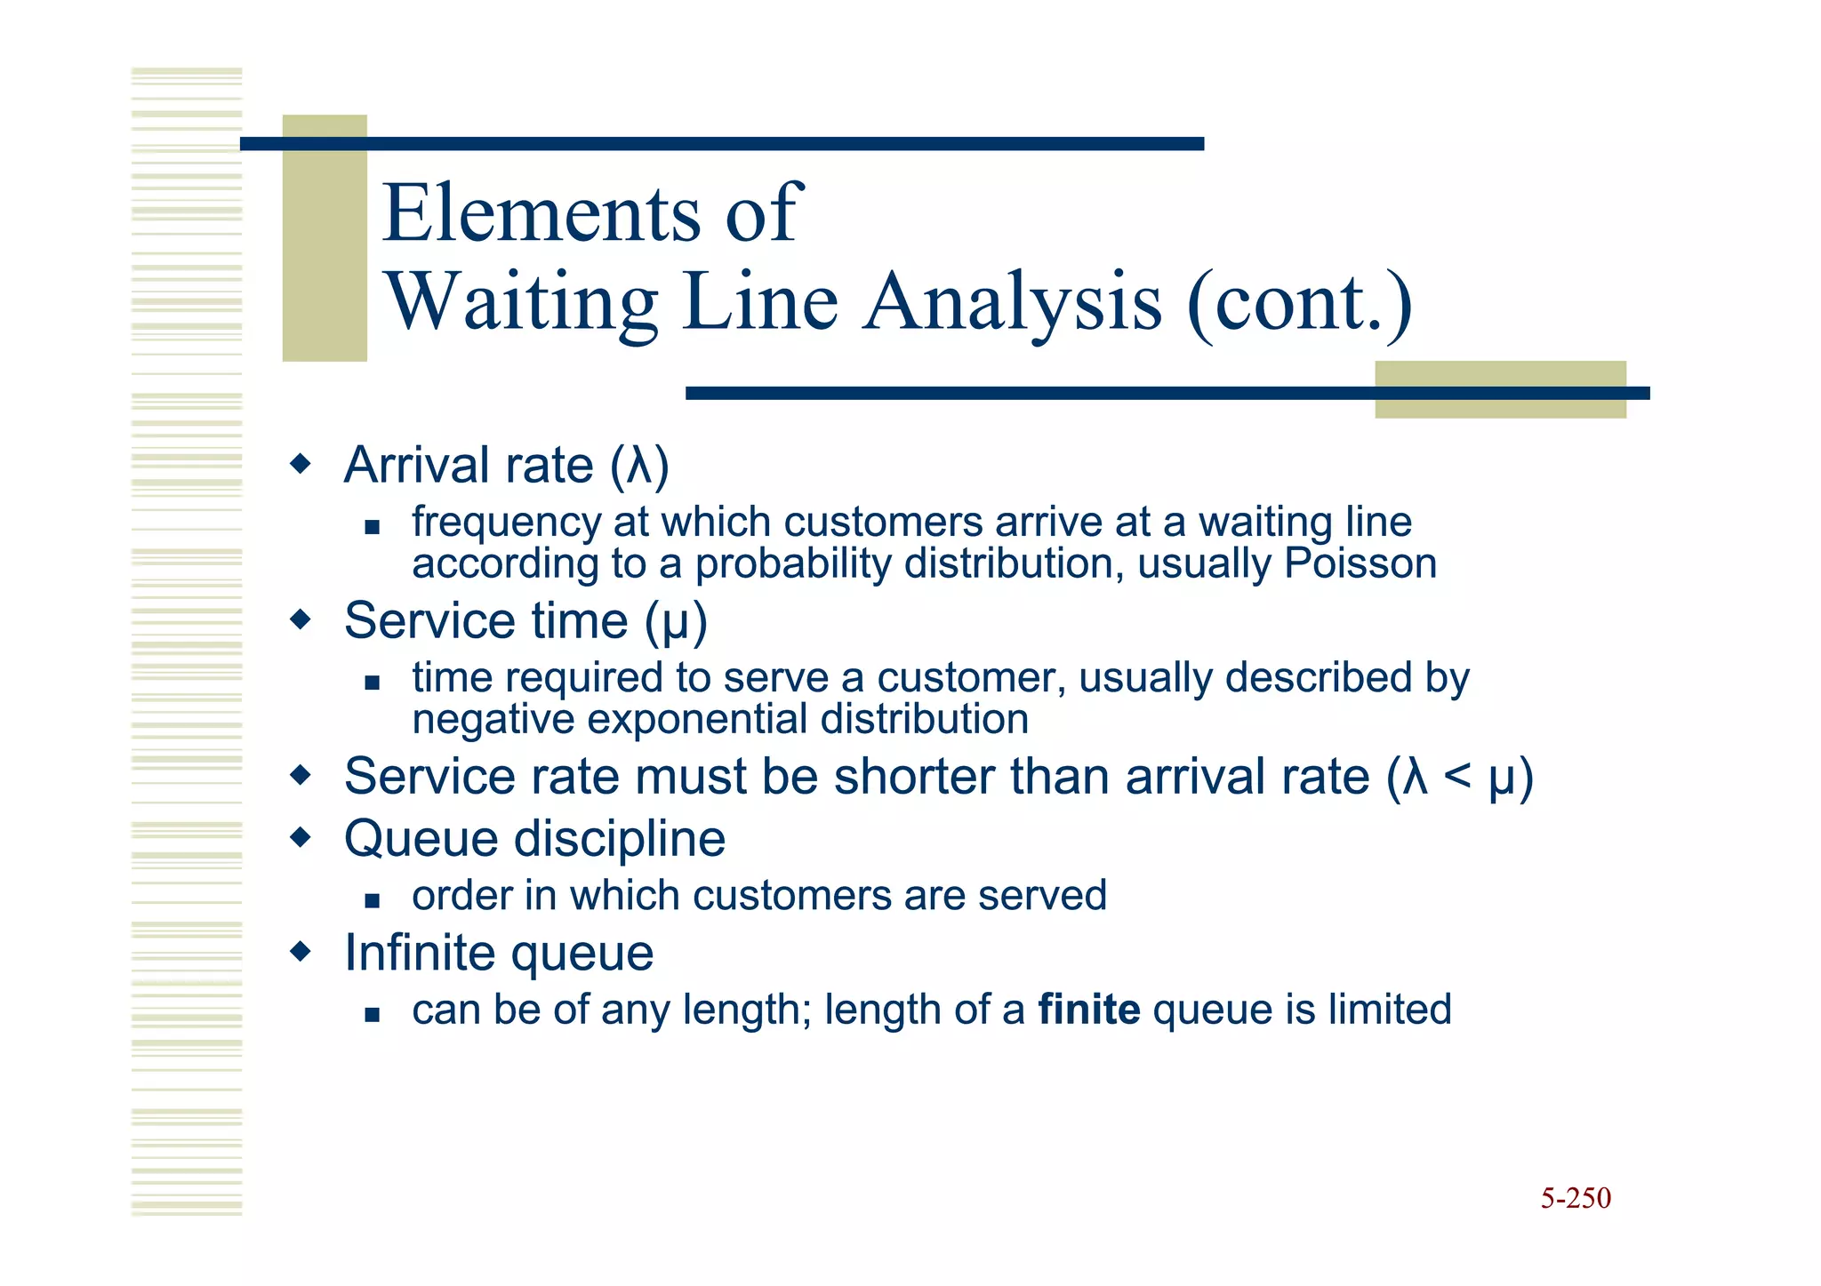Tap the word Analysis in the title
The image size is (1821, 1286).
(x=1012, y=302)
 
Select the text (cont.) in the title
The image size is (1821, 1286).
(x=1299, y=302)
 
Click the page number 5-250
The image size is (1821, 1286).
(x=1575, y=1198)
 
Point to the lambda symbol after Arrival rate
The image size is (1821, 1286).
(x=639, y=466)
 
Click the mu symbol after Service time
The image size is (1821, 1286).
(x=676, y=621)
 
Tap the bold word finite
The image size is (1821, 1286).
(x=1088, y=1010)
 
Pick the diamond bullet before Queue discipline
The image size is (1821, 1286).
(x=301, y=837)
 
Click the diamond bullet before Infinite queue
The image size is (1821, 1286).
(x=301, y=952)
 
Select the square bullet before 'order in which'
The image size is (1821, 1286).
(x=373, y=900)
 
